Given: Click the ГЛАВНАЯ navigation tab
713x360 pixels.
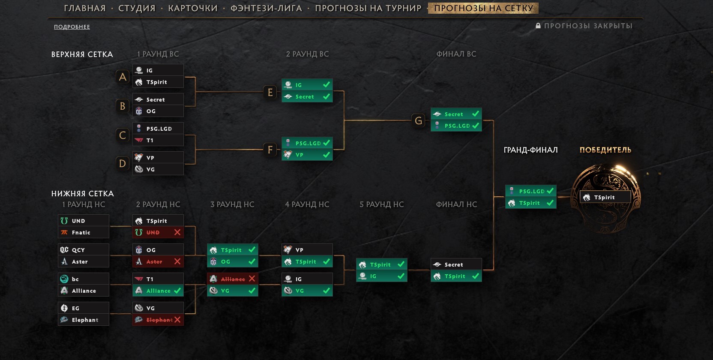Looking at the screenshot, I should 84,8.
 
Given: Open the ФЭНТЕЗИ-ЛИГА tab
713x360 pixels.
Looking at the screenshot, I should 266,8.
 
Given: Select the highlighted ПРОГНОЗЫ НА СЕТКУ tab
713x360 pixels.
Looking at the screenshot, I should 483,8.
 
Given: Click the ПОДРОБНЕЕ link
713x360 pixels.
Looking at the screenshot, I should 72,27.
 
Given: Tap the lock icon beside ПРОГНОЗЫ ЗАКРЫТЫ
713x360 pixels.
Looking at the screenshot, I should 538,26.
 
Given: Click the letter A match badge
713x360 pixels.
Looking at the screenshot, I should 123,77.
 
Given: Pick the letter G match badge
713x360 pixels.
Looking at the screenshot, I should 418,120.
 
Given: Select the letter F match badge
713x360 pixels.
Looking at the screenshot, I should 270,150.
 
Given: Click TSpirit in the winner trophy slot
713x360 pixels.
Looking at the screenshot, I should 605,197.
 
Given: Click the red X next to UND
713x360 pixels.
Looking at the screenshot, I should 177,232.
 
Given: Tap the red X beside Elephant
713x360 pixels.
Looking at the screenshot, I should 177,320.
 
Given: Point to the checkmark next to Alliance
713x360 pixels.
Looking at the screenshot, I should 177,291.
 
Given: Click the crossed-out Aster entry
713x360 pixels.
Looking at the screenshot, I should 155,261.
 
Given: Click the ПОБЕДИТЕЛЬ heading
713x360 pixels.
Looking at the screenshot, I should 605,150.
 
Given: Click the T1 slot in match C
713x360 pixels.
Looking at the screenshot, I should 158,140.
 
